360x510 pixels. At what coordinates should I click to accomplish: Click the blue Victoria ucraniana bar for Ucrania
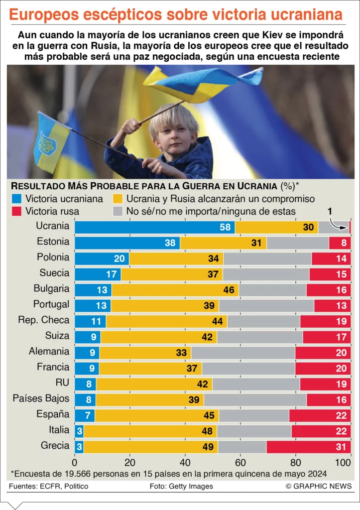tap(154, 227)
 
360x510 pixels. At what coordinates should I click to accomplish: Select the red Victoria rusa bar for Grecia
tap(309, 446)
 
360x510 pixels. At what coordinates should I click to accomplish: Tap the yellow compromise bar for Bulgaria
tap(175, 290)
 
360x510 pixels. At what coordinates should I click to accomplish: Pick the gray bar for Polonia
tap(267, 258)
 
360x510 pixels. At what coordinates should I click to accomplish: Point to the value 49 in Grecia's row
tap(208, 447)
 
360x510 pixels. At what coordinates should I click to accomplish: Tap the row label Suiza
tap(57, 336)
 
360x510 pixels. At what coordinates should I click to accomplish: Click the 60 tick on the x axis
tap(240, 462)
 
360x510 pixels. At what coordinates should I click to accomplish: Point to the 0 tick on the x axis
tap(75, 462)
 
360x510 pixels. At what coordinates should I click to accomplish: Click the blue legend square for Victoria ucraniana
tap(17, 199)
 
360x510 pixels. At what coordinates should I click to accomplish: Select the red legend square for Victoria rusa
tap(17, 211)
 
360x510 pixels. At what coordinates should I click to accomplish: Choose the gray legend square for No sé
tap(118, 211)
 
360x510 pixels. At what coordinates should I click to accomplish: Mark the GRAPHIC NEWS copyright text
tap(319, 486)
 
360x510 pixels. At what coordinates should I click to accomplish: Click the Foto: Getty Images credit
tap(181, 486)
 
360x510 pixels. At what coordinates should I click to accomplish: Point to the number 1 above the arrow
tap(330, 211)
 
